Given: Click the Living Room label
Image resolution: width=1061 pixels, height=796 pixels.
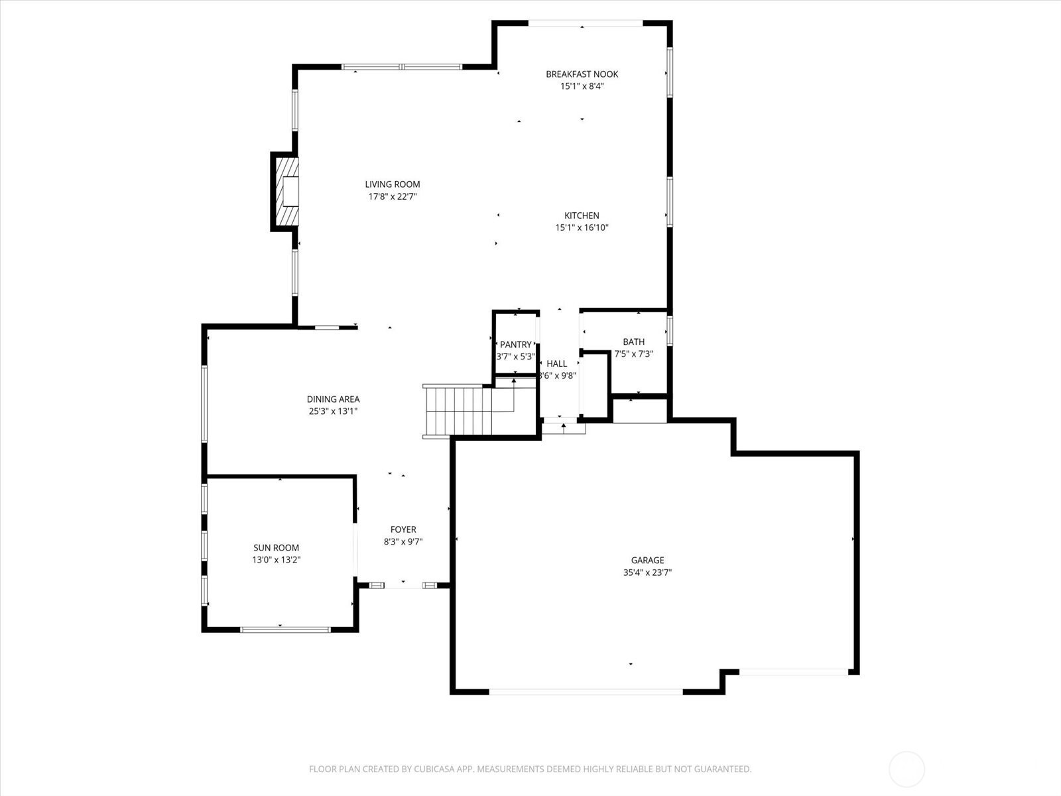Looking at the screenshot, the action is pos(392,184).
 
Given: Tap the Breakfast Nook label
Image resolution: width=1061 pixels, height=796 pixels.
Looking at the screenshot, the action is pos(582,74).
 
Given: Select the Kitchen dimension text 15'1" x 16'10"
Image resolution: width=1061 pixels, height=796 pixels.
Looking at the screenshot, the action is pos(582,228).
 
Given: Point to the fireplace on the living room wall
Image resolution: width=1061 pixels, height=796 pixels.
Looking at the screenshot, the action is pos(284,192).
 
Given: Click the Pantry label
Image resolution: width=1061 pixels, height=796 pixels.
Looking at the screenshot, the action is pos(515,344).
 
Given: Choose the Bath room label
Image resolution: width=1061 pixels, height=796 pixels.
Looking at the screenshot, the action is pos(633,342).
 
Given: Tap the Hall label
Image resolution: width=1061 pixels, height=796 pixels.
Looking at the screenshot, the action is pos(556,364).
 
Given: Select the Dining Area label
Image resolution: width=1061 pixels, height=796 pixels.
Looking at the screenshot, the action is pos(333,399).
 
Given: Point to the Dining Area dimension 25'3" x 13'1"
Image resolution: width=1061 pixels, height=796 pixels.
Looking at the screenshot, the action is pos(333,411).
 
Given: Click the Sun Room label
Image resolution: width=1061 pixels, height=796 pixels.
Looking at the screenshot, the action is pos(276,548).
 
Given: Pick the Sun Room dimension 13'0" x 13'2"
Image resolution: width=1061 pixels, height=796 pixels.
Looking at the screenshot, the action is pos(276,560).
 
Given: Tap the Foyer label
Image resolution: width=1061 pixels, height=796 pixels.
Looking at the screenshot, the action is pos(403,529).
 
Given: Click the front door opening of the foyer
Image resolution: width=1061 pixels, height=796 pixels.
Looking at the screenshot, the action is pos(403,585).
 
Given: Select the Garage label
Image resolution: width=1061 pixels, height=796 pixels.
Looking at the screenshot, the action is pos(647,560).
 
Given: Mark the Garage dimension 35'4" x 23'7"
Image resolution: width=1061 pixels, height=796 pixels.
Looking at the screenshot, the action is pos(647,572).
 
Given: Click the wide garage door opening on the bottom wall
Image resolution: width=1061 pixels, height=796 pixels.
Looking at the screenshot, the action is pos(586,692).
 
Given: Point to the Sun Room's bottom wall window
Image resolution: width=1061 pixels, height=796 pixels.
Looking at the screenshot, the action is pos(285,630).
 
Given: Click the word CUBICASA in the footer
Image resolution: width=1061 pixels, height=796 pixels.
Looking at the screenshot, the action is pos(434,769).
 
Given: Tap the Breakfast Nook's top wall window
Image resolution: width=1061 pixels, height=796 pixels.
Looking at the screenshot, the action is pos(586,23).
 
